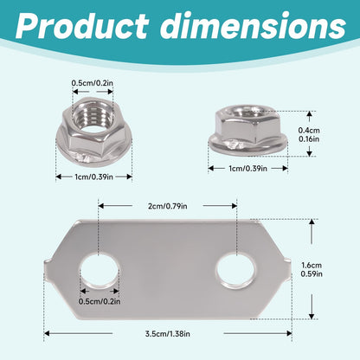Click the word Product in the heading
(x=82, y=25)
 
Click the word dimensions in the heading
(x=253, y=25)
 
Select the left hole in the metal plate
(x=100, y=271)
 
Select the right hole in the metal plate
(x=235, y=271)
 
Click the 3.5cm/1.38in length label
(x=168, y=334)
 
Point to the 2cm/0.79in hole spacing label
(x=168, y=206)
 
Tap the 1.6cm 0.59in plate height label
(x=312, y=269)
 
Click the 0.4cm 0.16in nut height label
(x=309, y=134)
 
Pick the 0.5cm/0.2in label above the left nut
(x=93, y=83)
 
